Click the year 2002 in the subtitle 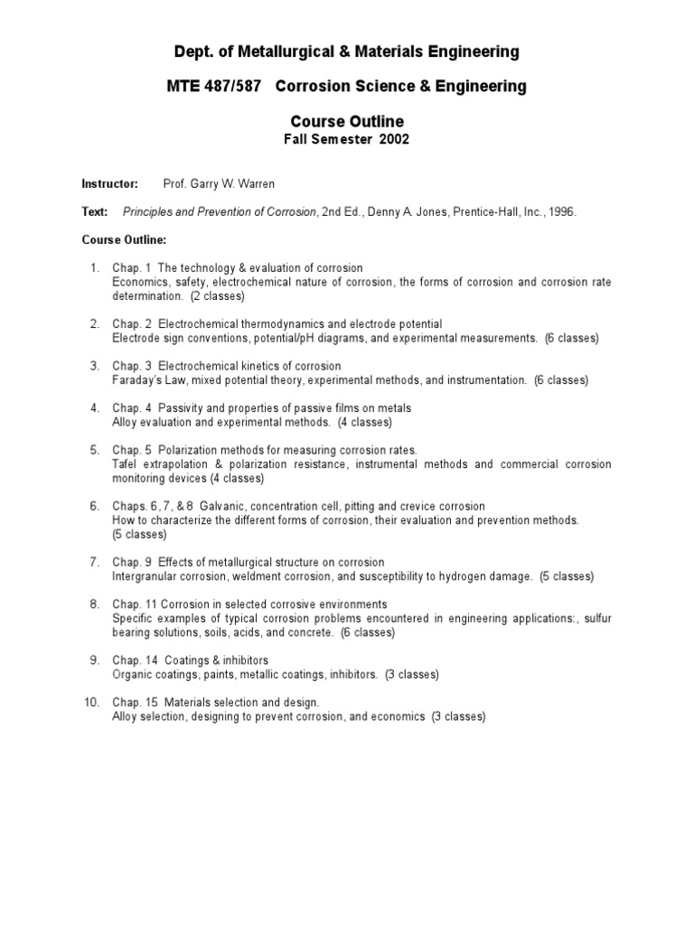tap(392, 139)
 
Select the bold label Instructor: tap(110, 183)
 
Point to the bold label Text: tap(95, 212)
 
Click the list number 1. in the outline tap(95, 268)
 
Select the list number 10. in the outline tap(91, 702)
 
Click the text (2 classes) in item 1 tap(217, 295)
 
